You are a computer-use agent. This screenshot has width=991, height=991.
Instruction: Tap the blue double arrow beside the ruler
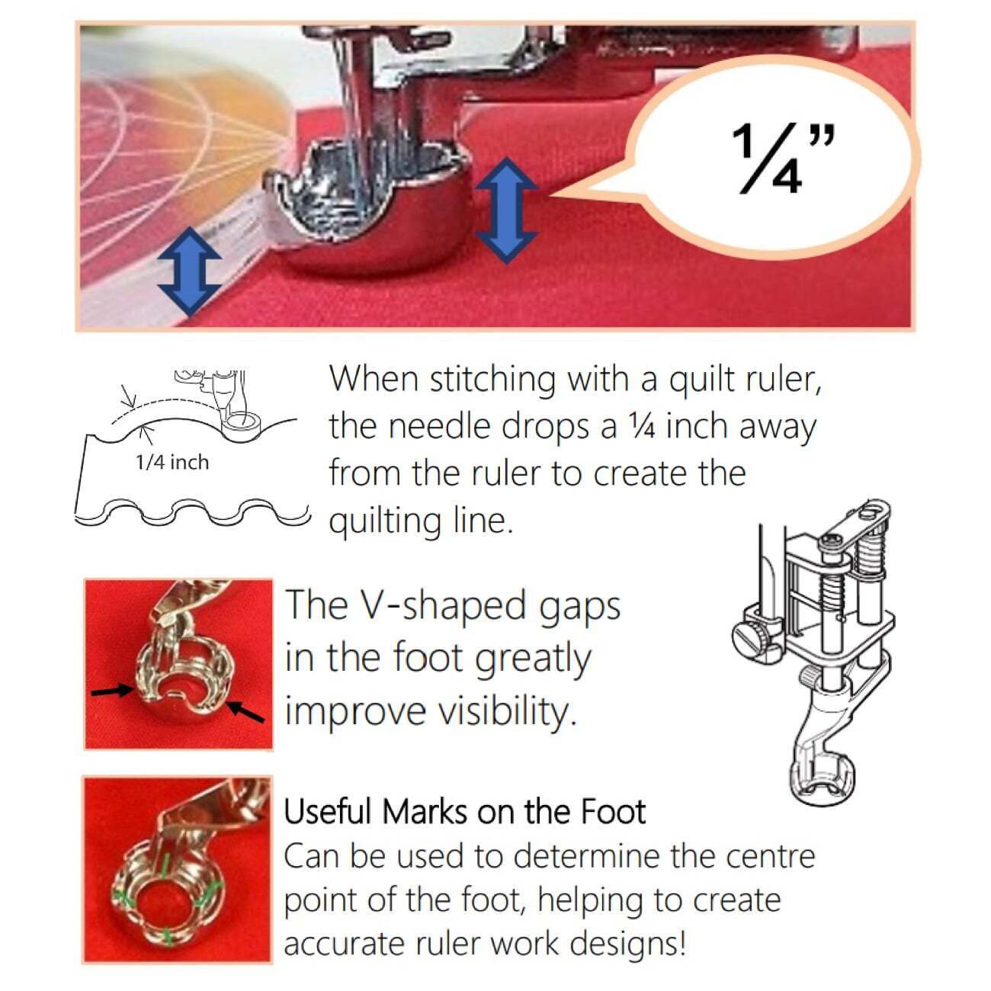(x=189, y=271)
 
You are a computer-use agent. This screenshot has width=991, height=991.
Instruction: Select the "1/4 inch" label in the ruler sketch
(x=173, y=462)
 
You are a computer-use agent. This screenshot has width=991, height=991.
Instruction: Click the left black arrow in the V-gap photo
(x=113, y=689)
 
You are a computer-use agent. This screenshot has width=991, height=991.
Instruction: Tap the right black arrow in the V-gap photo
(x=245, y=711)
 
